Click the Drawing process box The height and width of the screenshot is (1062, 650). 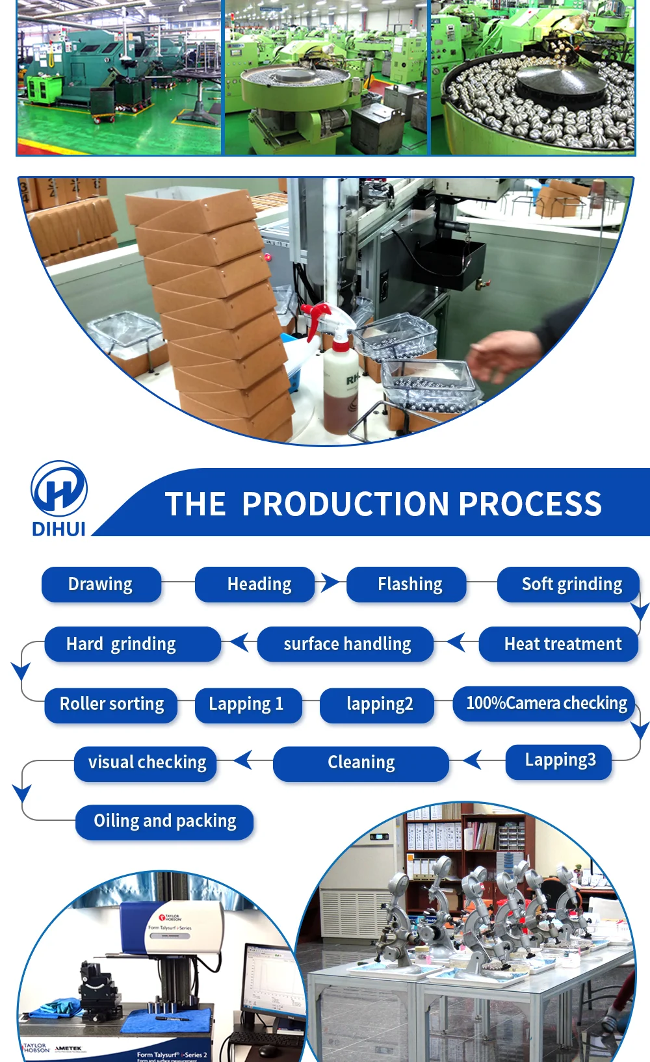101,584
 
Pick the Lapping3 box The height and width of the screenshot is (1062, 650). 558,761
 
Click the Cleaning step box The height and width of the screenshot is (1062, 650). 361,763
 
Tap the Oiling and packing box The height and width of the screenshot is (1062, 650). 164,822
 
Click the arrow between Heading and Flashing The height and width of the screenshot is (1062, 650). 330,582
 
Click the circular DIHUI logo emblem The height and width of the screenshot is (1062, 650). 58,489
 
